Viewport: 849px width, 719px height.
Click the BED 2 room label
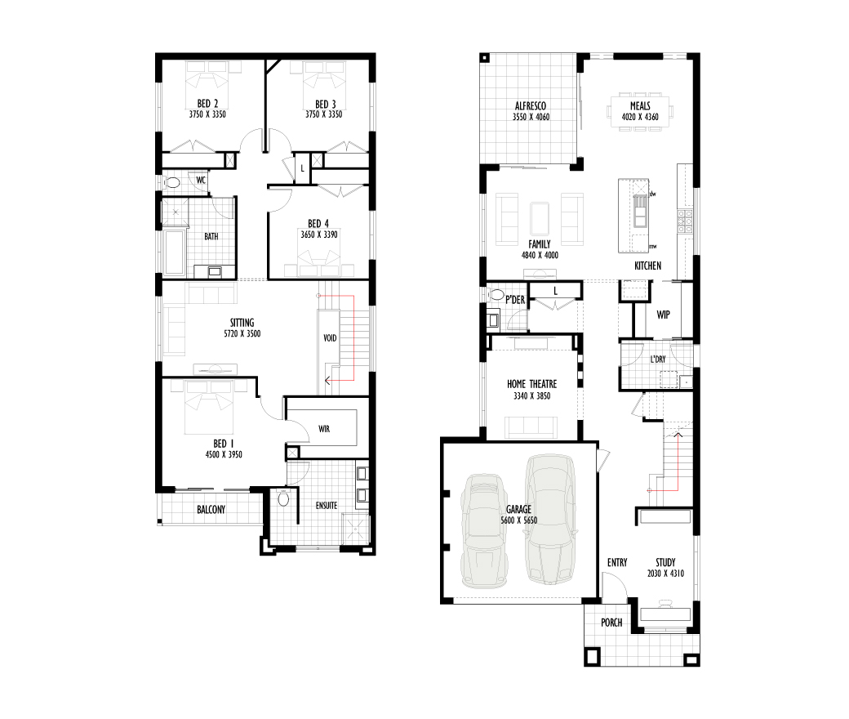207,104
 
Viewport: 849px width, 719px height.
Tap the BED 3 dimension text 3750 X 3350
324,114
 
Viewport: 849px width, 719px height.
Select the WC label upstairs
201,180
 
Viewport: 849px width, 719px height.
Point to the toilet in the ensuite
283,498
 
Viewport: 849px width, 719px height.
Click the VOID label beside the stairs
330,338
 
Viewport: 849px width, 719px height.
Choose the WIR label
324,429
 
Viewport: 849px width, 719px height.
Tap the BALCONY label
211,509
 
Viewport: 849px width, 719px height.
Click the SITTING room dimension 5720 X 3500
242,334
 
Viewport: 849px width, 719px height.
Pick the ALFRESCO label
530,106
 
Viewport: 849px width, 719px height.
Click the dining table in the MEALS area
640,111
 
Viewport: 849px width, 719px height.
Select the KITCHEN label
647,266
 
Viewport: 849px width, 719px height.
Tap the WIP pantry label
663,315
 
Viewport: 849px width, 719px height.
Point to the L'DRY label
658,359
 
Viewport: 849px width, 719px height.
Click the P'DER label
515,300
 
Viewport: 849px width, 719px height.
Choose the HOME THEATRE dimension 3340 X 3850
531,396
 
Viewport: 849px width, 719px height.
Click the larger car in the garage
551,519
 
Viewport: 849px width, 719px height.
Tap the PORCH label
611,623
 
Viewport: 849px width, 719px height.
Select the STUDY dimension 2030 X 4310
665,574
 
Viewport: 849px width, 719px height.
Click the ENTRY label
617,562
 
